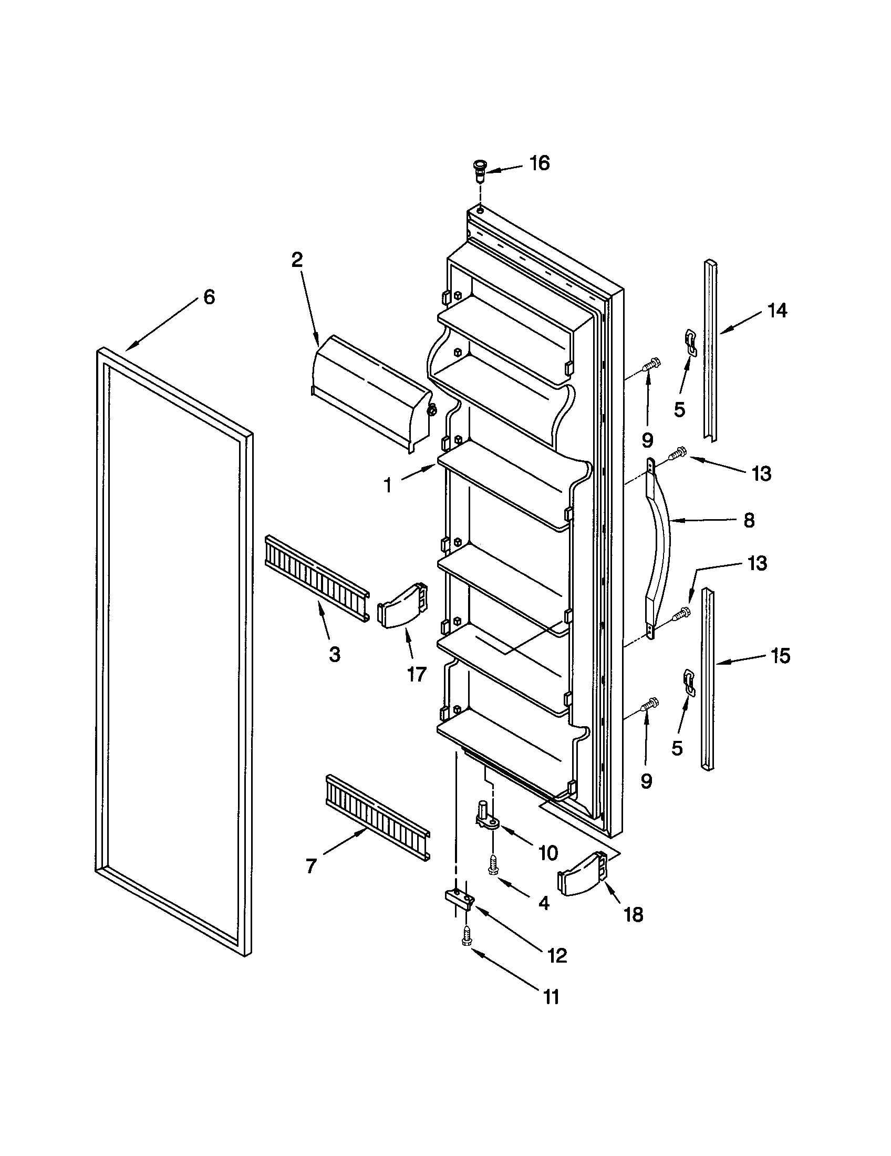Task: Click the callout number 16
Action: point(539,163)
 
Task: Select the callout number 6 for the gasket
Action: point(209,297)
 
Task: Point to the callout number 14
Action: point(776,311)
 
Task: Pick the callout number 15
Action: point(780,656)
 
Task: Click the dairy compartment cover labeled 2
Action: point(370,391)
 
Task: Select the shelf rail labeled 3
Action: point(316,579)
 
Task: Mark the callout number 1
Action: point(388,485)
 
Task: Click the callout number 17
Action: point(417,674)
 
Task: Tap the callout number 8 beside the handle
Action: point(749,521)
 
